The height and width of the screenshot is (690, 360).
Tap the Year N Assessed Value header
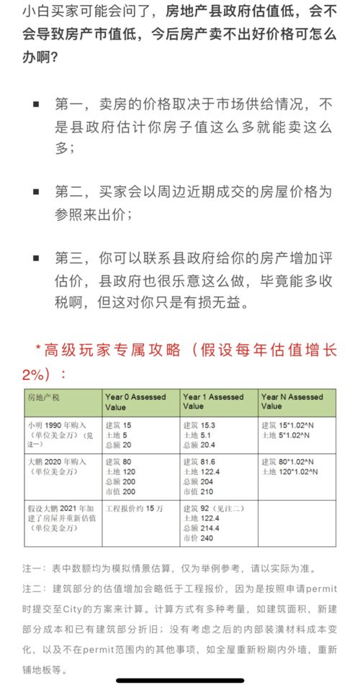pyautogui.click(x=292, y=401)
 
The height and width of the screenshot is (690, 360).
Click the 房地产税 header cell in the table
pyautogui.click(x=45, y=397)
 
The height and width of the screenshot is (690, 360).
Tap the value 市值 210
pyautogui.click(x=198, y=490)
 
